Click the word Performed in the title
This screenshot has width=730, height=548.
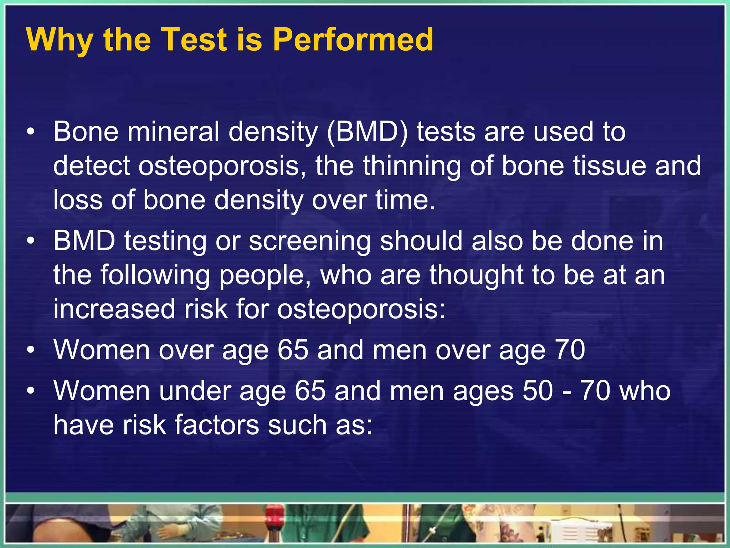coord(353,40)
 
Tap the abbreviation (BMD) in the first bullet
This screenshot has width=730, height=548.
coord(367,132)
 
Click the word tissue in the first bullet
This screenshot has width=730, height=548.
coord(610,166)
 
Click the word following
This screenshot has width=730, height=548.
coord(155,275)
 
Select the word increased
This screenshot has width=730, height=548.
coord(114,309)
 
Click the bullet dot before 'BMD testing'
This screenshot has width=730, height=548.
coord(31,242)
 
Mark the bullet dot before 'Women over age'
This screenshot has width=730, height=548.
coord(31,351)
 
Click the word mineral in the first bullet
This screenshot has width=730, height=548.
coord(174,132)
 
